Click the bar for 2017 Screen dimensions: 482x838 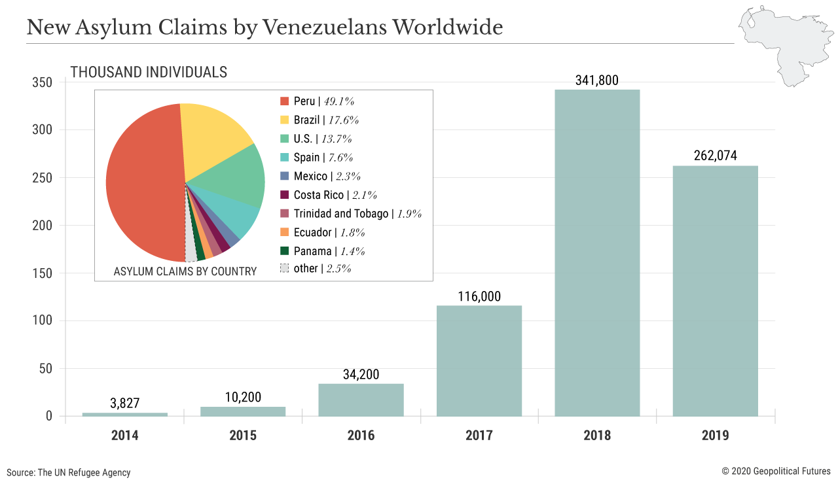(479, 360)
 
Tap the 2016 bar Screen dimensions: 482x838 (361, 400)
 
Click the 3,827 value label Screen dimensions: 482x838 (125, 404)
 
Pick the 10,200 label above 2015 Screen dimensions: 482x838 (243, 397)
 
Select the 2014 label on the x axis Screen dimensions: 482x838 (125, 436)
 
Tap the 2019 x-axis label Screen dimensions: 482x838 (716, 436)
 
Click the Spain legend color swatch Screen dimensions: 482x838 (284, 158)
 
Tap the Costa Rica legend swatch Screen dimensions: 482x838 (284, 195)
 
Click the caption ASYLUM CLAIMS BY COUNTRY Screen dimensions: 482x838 (185, 271)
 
